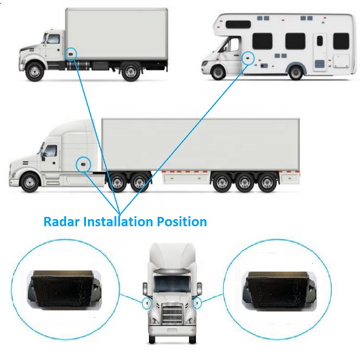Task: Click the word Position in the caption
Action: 181,221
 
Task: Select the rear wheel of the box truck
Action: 130,72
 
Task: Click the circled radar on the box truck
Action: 71,54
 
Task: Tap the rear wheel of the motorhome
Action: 296,72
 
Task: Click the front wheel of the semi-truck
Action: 29,182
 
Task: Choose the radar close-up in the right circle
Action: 275,288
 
